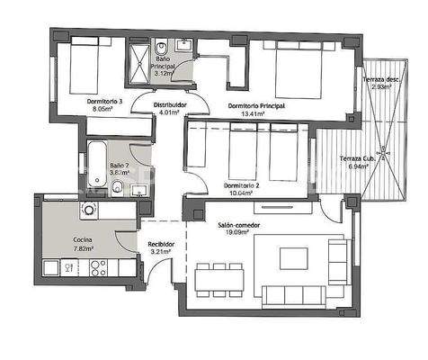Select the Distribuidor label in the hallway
169,105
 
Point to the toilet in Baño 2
117,187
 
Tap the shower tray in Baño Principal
137,59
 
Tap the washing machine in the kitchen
89,210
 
